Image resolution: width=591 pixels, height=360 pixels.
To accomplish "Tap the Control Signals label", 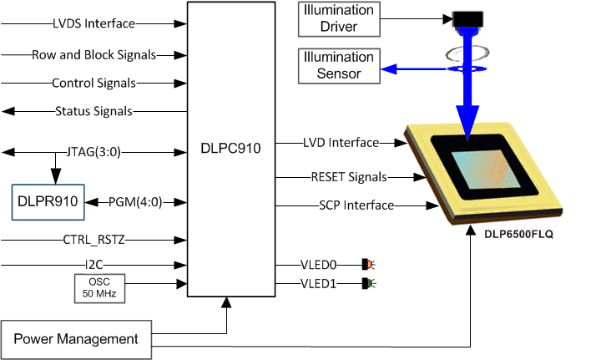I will point(93,83).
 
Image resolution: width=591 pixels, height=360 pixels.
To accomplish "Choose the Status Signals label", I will point(93,111).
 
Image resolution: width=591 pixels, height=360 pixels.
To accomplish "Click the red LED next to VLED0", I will point(366,264).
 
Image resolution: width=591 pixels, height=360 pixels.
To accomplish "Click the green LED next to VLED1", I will point(366,284).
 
